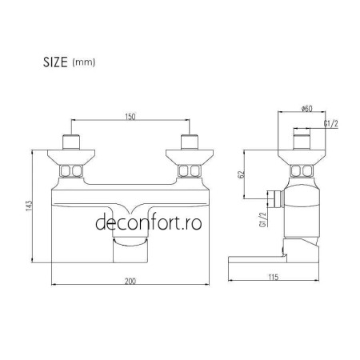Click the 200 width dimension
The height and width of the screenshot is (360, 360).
click(x=130, y=280)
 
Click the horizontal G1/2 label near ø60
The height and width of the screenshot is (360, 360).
click(x=330, y=125)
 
